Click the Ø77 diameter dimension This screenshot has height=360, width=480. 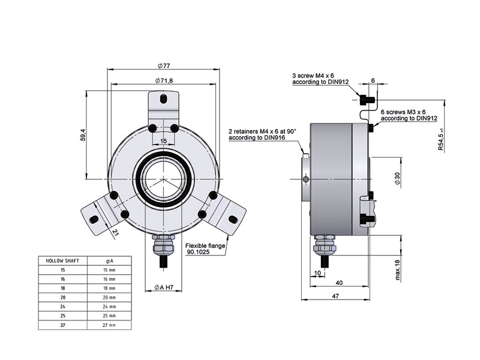coord(164,65)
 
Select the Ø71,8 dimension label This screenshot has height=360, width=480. coord(164,80)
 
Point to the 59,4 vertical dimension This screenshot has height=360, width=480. coord(84,136)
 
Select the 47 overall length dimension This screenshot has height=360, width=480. coord(338,296)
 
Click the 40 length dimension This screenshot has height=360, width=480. coord(338,283)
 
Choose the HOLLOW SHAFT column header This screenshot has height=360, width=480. coord(62,261)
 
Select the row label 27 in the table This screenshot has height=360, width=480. coord(62,325)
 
